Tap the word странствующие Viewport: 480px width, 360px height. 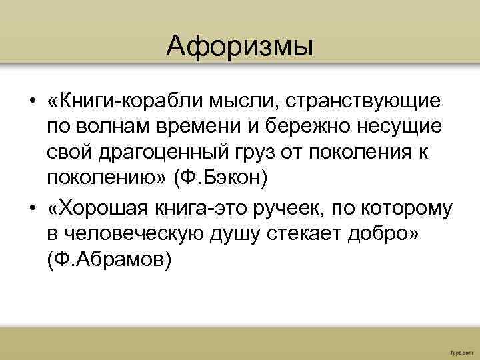pyautogui.click(x=374, y=102)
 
